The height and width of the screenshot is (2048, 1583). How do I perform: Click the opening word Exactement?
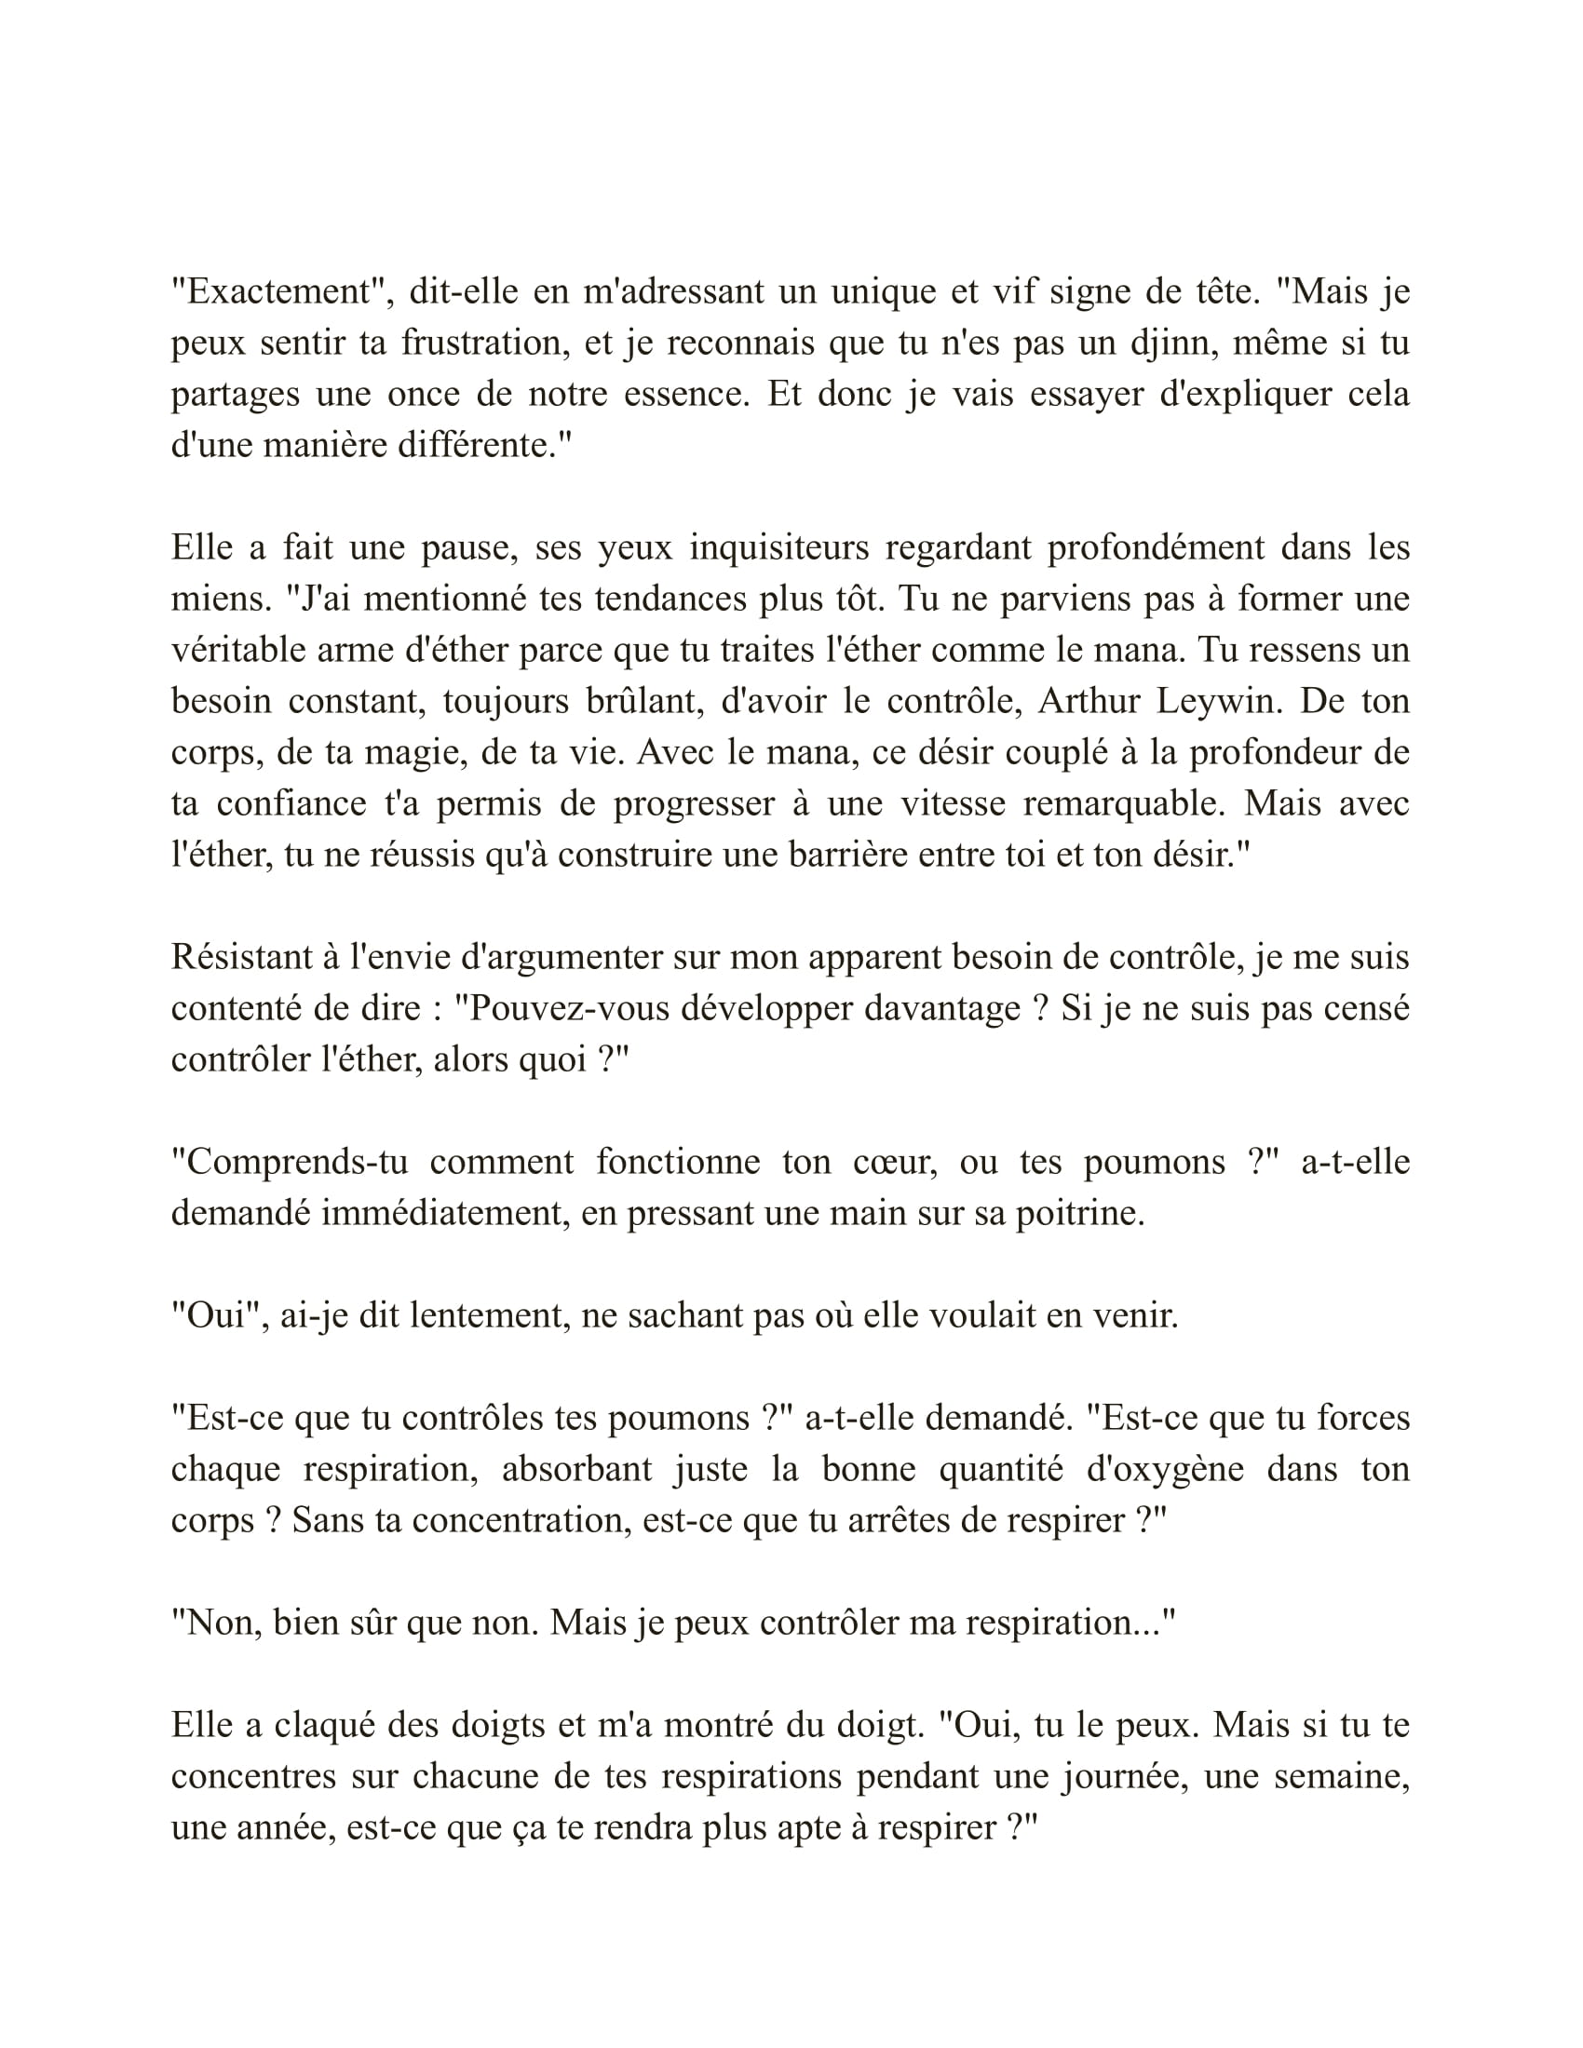pyautogui.click(x=280, y=291)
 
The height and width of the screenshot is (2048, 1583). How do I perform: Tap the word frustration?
pyautogui.click(x=486, y=344)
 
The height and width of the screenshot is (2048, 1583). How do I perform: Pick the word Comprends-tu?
pyautogui.click(x=290, y=1162)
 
